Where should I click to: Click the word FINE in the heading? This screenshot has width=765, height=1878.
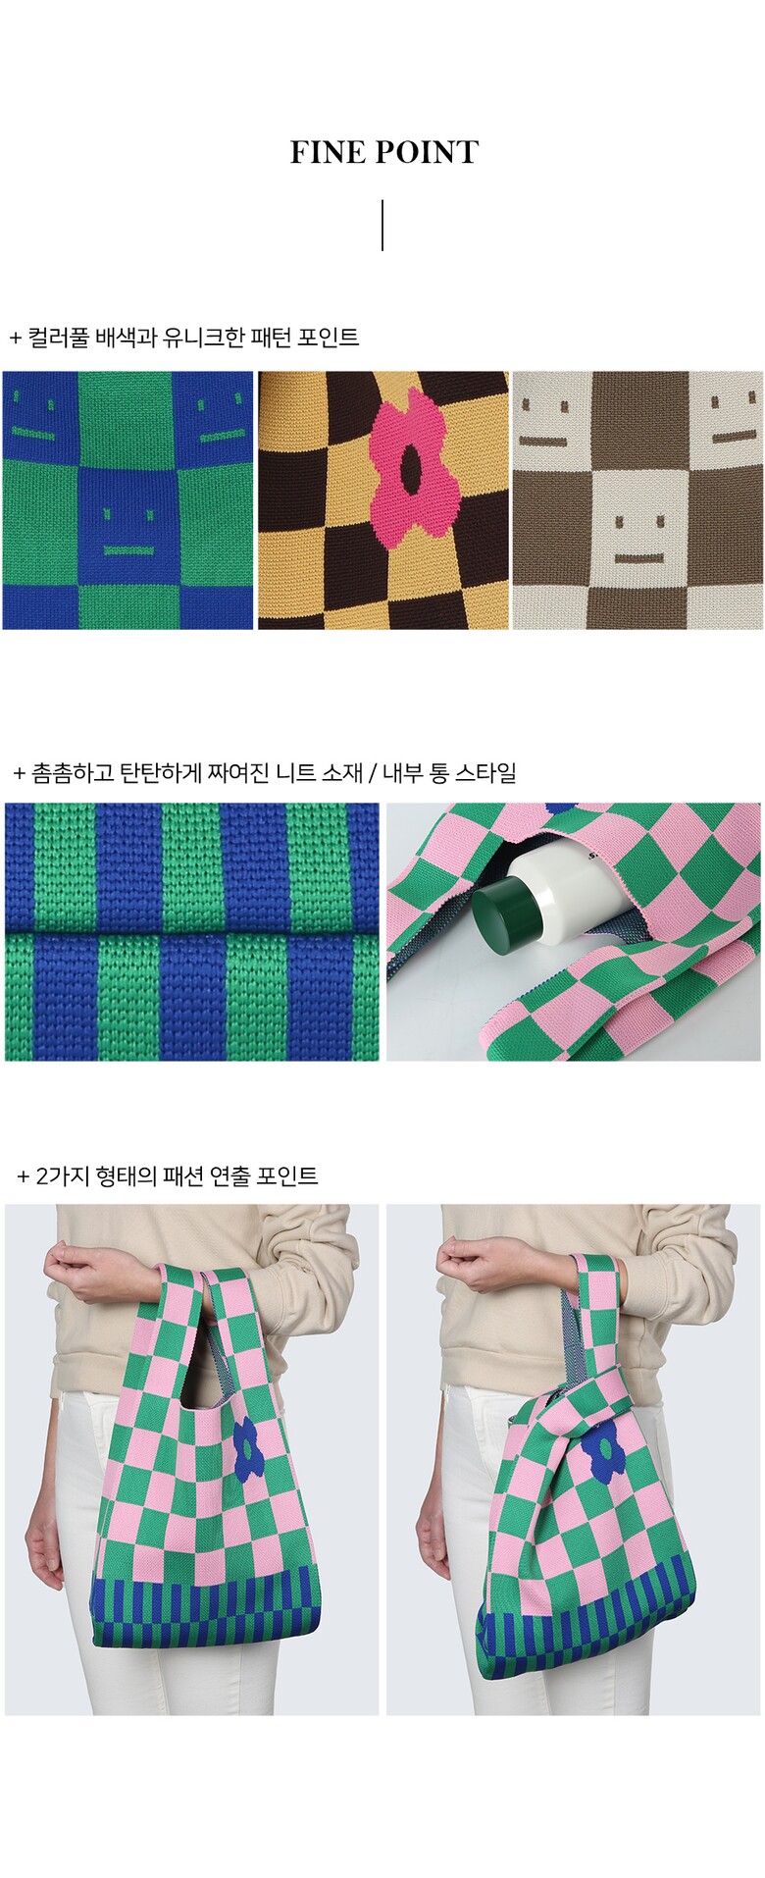(x=328, y=152)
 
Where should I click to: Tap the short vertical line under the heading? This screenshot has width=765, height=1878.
(x=382, y=226)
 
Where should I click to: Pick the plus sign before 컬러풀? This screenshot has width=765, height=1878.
(x=16, y=339)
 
